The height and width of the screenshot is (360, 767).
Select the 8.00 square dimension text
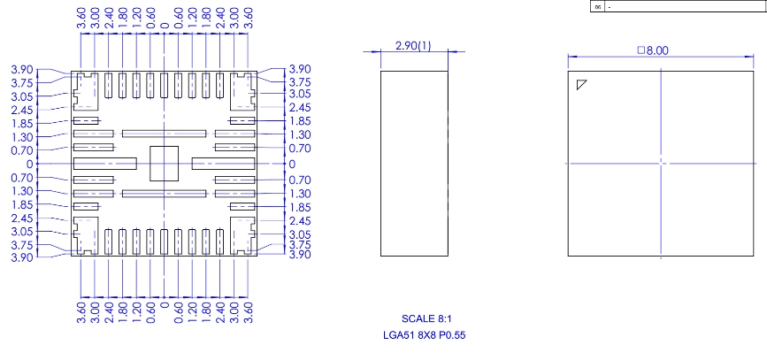click(659, 50)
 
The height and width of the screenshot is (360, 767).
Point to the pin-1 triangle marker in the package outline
click(581, 85)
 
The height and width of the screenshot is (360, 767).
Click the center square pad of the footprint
click(164, 164)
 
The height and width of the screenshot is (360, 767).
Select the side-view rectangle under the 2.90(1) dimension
click(414, 164)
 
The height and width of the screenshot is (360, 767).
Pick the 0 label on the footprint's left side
click(29, 164)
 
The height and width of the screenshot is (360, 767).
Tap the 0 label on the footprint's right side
click(292, 164)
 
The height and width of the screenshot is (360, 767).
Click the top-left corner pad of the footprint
click(86, 90)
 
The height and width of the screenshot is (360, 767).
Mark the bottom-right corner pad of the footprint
click(242, 237)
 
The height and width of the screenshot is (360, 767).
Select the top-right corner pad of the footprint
click(242, 90)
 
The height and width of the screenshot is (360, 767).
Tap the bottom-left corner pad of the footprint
click(86, 237)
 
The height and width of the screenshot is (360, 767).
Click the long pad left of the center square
click(104, 164)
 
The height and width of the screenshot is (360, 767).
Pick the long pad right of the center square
click(223, 164)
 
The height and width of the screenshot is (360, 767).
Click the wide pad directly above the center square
click(164, 134)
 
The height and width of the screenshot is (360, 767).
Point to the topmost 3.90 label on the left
click(22, 69)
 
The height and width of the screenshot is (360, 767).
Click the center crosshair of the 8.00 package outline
click(661, 163)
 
